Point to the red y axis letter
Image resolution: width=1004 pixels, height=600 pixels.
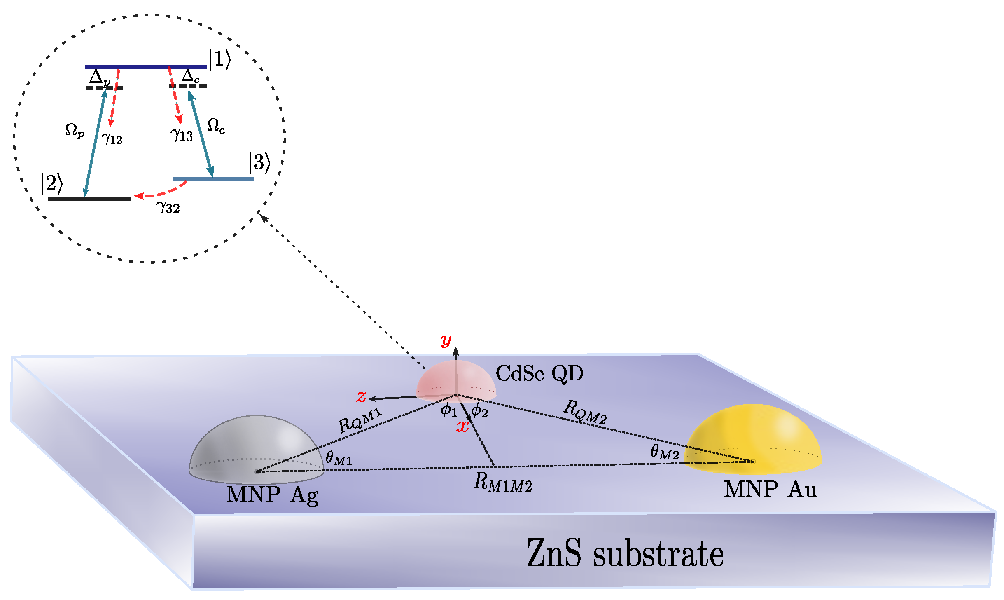pyautogui.click(x=446, y=340)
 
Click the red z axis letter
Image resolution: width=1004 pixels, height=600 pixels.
pyautogui.click(x=361, y=396)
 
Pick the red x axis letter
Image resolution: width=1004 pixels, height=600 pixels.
pyautogui.click(x=462, y=426)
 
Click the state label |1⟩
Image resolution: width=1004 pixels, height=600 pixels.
pyautogui.click(x=220, y=59)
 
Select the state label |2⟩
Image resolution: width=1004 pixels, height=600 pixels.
pyautogui.click(x=52, y=183)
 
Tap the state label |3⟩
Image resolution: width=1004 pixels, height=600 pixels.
pyautogui.click(x=259, y=162)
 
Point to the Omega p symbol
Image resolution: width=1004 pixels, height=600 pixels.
pyautogui.click(x=75, y=131)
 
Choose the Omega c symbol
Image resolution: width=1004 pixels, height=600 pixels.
pyautogui.click(x=216, y=125)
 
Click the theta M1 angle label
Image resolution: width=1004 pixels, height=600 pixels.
pyautogui.click(x=339, y=457)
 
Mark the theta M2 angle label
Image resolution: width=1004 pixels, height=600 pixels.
pyautogui.click(x=664, y=452)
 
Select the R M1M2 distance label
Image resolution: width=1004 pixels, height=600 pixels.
pyautogui.click(x=502, y=482)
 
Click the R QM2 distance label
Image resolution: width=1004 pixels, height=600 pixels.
pyautogui.click(x=585, y=412)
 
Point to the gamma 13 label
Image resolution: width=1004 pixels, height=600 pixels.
pyautogui.click(x=182, y=135)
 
